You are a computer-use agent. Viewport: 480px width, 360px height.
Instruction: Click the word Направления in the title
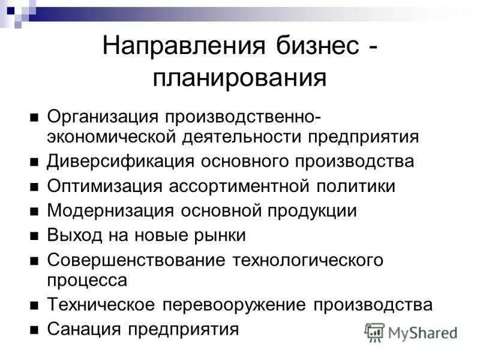184,46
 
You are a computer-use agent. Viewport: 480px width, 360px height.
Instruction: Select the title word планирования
239,78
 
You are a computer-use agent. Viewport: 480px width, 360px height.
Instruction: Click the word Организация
103,117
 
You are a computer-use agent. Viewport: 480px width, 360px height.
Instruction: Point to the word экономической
112,137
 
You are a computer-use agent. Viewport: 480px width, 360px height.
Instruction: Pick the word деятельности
242,137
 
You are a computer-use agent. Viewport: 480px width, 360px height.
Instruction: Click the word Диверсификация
121,161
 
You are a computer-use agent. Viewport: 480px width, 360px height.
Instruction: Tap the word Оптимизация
104,187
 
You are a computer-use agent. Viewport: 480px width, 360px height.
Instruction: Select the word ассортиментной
239,186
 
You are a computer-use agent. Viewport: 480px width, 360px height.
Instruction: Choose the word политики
356,186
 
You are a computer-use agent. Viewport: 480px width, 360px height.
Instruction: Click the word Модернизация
110,211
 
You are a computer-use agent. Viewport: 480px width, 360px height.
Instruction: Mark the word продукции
312,211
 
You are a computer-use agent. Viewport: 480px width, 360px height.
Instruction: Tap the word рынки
220,235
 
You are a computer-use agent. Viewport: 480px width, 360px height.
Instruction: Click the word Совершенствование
136,260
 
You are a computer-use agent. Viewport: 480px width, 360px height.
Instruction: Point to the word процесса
87,280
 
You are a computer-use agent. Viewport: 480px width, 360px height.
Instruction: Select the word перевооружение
234,305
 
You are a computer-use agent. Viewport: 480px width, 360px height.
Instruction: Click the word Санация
84,329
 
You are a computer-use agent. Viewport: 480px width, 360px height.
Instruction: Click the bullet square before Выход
34,236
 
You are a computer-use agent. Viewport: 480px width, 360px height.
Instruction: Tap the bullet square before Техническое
34,305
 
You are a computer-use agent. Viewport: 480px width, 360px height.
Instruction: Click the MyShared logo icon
374,332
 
